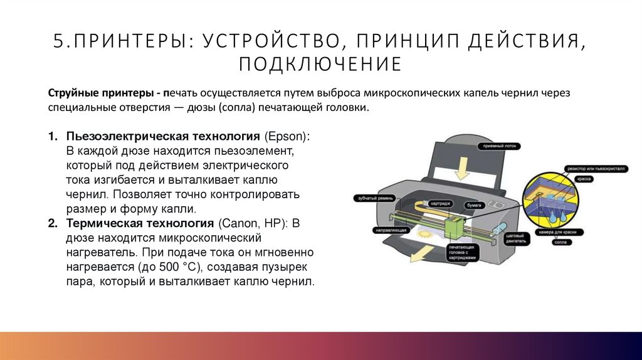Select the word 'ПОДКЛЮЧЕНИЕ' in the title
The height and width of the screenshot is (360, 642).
coord(320,64)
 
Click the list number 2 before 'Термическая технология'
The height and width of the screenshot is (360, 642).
coord(52,223)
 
